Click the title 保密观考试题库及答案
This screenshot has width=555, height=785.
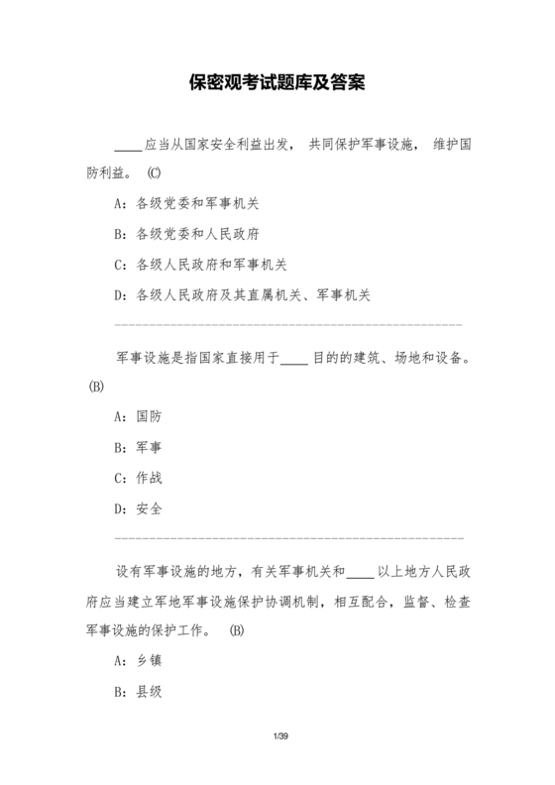coord(277,82)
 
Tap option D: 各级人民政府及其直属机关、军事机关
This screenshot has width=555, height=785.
coord(243,294)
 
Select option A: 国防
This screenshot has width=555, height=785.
coord(139,416)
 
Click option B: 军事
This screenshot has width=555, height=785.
coord(139,447)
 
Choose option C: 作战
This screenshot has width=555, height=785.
coord(139,478)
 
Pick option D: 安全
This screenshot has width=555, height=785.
coord(139,508)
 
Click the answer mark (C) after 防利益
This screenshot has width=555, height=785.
coord(155,172)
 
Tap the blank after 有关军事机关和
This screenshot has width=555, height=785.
coord(361,571)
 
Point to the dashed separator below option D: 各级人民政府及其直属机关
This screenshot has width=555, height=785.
coord(288,324)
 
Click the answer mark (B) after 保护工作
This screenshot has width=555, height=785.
coord(236,630)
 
